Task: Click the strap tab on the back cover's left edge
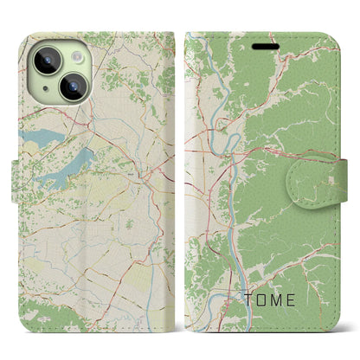tap(21, 169)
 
